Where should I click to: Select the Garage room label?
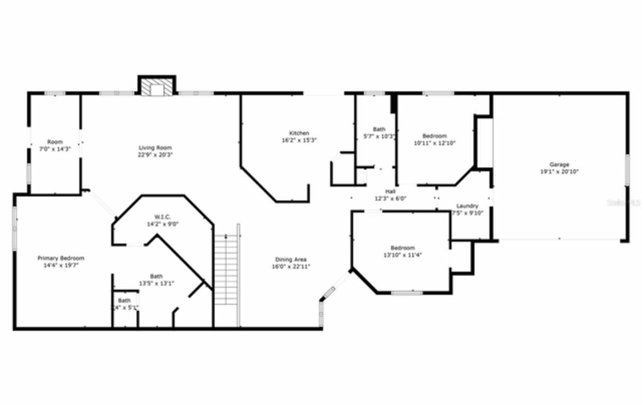point(559,164)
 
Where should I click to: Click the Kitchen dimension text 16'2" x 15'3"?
point(299,140)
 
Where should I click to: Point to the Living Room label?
point(155,148)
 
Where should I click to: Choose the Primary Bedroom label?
point(61,258)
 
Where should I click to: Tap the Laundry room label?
point(467,206)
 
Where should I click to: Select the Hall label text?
point(390,191)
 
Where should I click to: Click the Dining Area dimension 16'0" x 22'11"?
point(290,266)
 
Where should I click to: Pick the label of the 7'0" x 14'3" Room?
point(55,142)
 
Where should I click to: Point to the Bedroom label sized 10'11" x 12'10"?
point(434,136)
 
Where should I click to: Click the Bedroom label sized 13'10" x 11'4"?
point(403,248)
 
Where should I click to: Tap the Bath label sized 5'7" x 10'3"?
point(379,129)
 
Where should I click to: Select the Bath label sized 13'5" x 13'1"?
point(156,276)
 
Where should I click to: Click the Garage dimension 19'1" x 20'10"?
point(559,171)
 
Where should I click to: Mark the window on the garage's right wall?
point(626,170)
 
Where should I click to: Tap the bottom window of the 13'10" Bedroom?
point(406,293)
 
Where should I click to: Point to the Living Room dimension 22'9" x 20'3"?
point(155,155)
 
